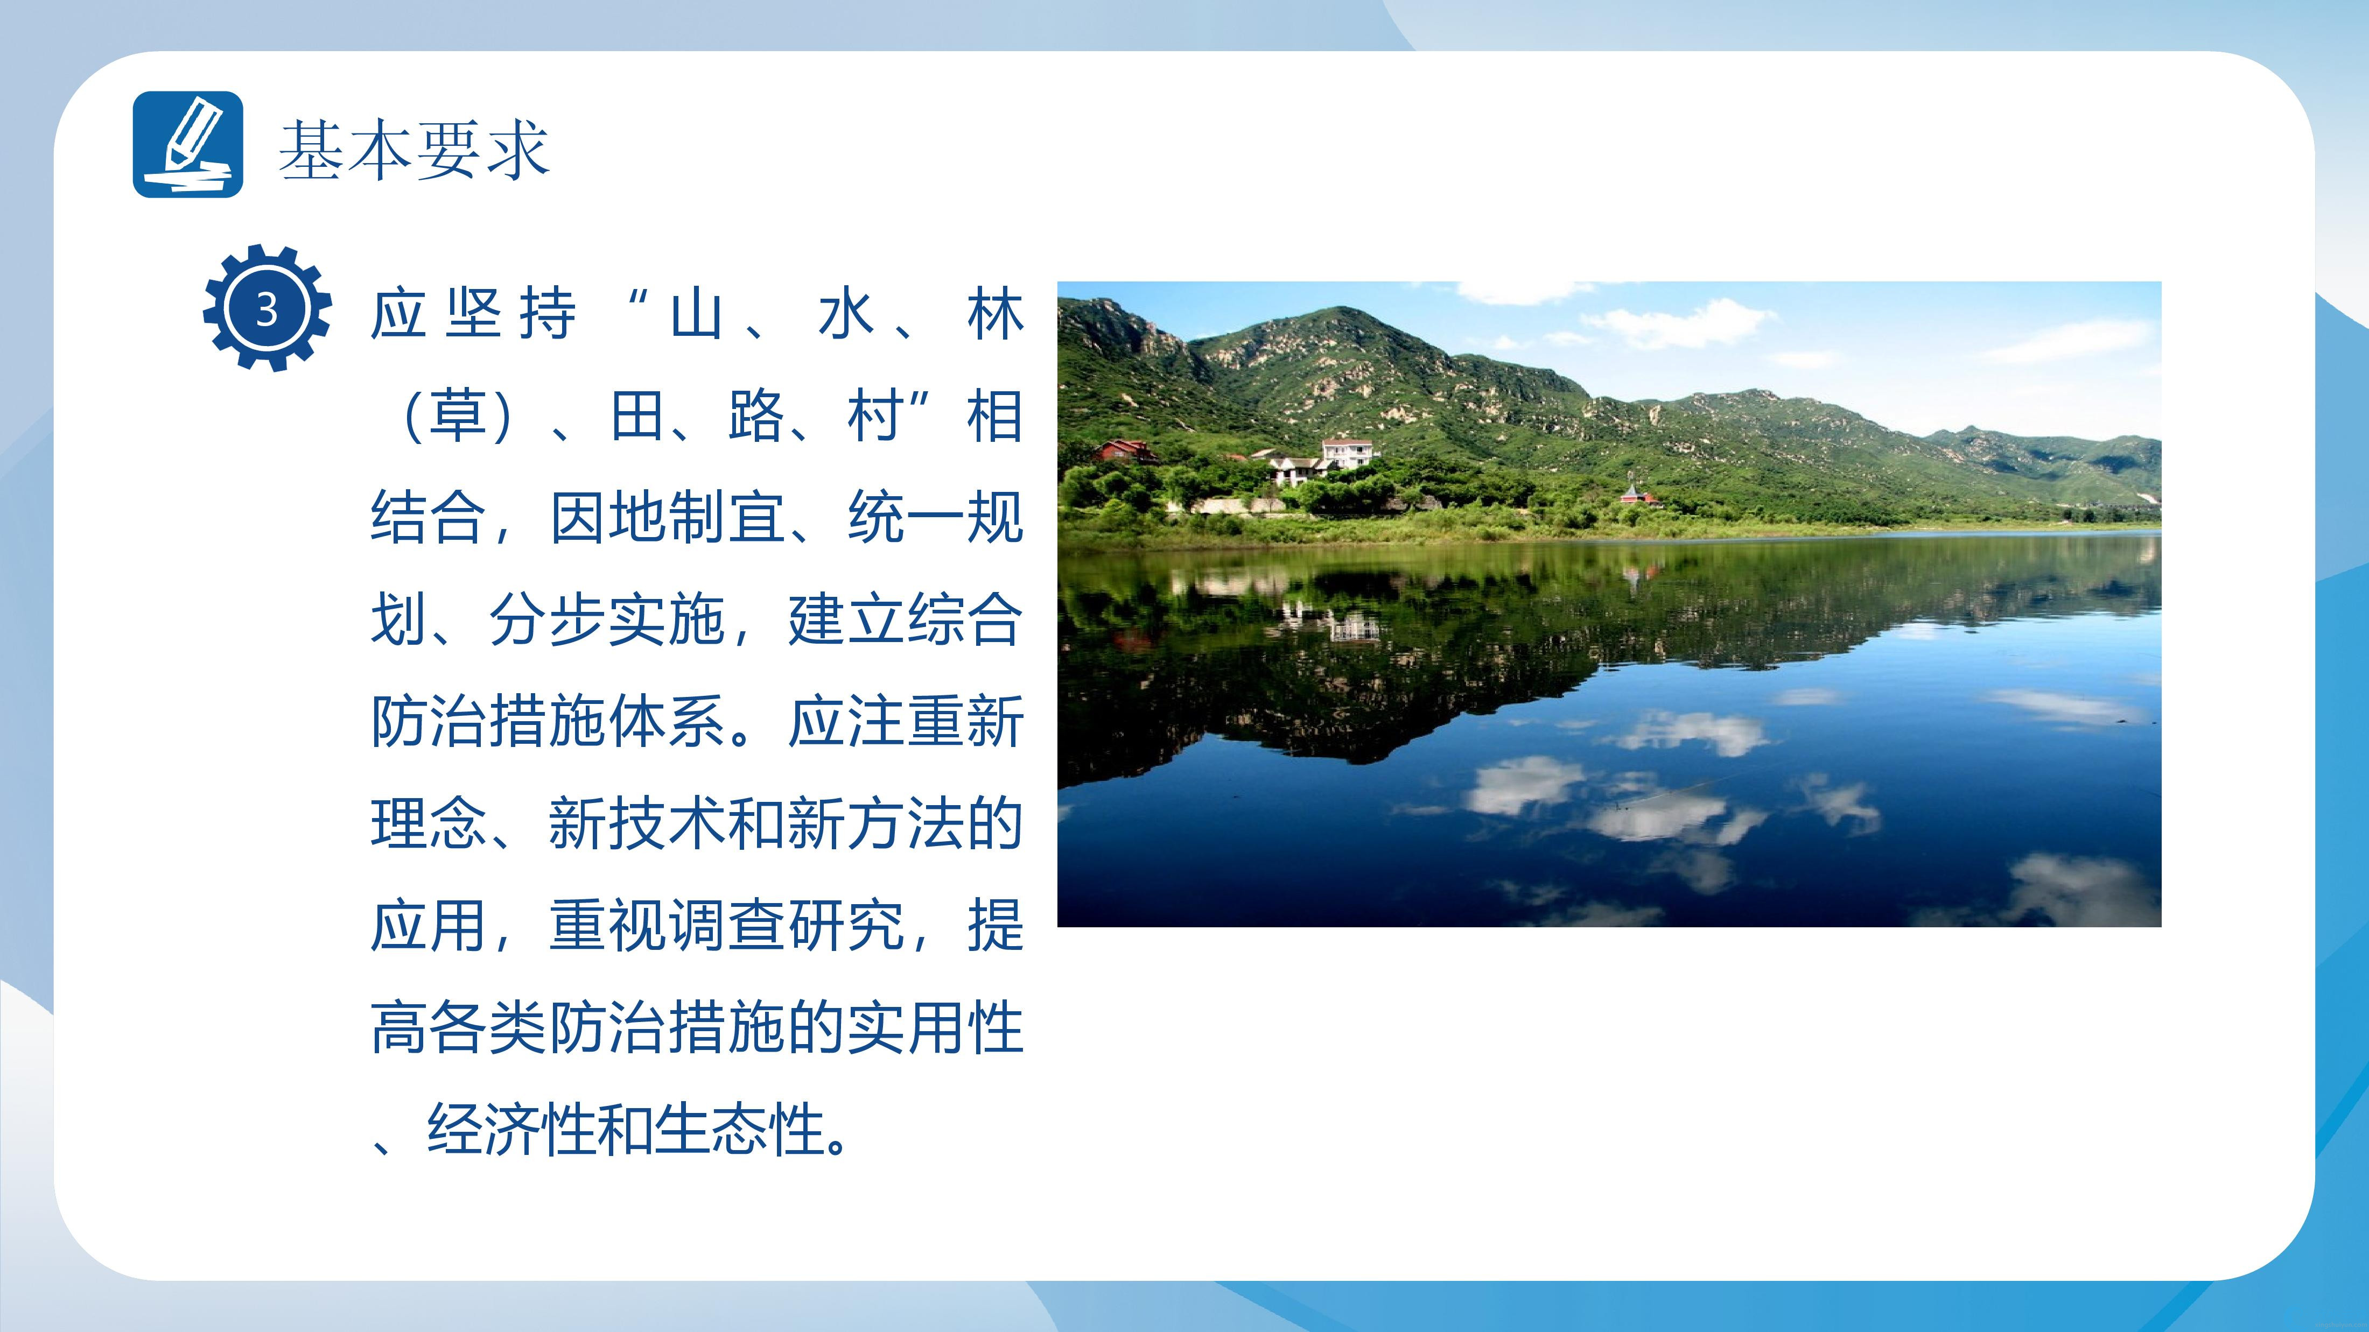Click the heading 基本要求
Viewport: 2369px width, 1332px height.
(x=414, y=150)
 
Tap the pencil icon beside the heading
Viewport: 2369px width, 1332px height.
(x=188, y=144)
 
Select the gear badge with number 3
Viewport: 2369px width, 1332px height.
(x=267, y=308)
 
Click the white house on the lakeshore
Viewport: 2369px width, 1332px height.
(x=1347, y=455)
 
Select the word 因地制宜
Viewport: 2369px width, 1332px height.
(x=669, y=518)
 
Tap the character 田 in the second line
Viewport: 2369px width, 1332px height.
(x=637, y=415)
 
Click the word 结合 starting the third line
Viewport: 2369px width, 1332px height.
(x=430, y=518)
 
